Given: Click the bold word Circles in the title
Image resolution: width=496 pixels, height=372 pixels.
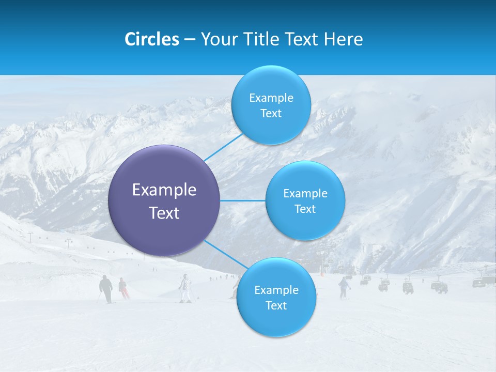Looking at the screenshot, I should pos(152,39).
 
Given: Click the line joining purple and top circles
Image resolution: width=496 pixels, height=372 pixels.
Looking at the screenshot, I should pos(223,147).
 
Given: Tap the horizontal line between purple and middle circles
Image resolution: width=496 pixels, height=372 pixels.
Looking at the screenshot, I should pos(242,200).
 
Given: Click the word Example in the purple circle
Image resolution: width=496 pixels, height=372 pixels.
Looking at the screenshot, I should pos(164,190).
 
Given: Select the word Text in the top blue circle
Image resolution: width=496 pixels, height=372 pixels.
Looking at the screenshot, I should pos(271,114).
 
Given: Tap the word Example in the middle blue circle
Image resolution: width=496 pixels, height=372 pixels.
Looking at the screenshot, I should pos(305,194).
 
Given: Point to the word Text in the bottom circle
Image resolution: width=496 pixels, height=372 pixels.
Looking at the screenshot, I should pos(276,305).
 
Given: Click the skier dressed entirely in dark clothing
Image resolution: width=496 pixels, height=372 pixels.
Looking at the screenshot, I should pos(106,288).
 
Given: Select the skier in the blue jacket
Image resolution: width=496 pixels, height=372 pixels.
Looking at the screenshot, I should pos(344,287).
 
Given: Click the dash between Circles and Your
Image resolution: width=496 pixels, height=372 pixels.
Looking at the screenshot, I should pos(190,40).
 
